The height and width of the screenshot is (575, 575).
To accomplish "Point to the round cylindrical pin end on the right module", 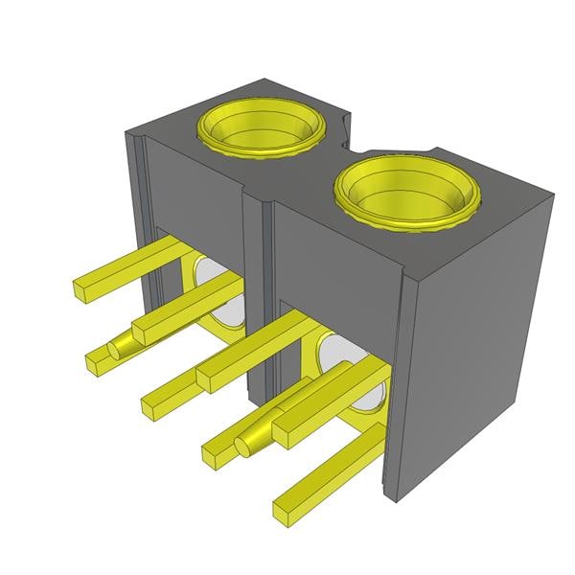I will [x=244, y=443].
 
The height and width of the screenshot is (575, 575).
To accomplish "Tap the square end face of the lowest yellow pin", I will [x=284, y=510].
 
